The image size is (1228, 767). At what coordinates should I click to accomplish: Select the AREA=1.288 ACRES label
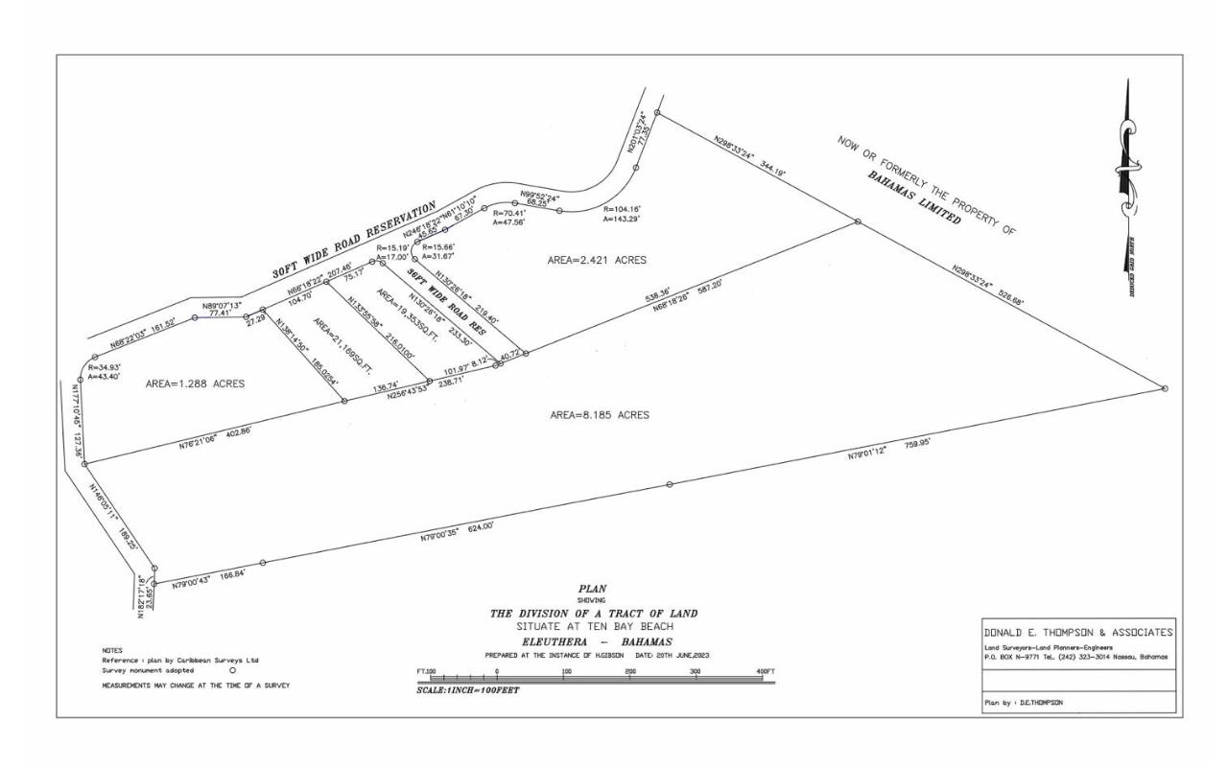pyautogui.click(x=195, y=383)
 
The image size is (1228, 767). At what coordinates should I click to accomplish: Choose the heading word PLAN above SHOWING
pyautogui.click(x=593, y=589)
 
